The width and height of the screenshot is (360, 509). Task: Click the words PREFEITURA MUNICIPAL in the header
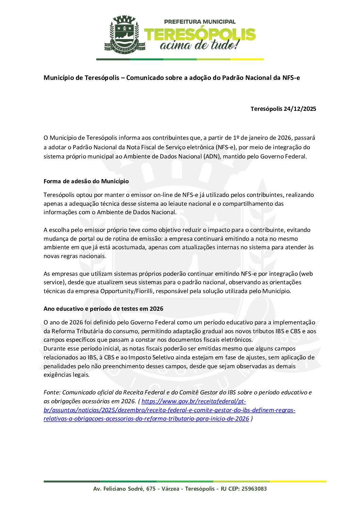(x=199, y=22)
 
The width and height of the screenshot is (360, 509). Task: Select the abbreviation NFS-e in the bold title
(x=291, y=78)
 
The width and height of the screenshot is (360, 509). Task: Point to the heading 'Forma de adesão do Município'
(x=86, y=181)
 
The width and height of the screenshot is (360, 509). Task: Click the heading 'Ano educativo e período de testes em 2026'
(x=103, y=309)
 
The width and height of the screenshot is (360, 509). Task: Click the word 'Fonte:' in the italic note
(x=52, y=392)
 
